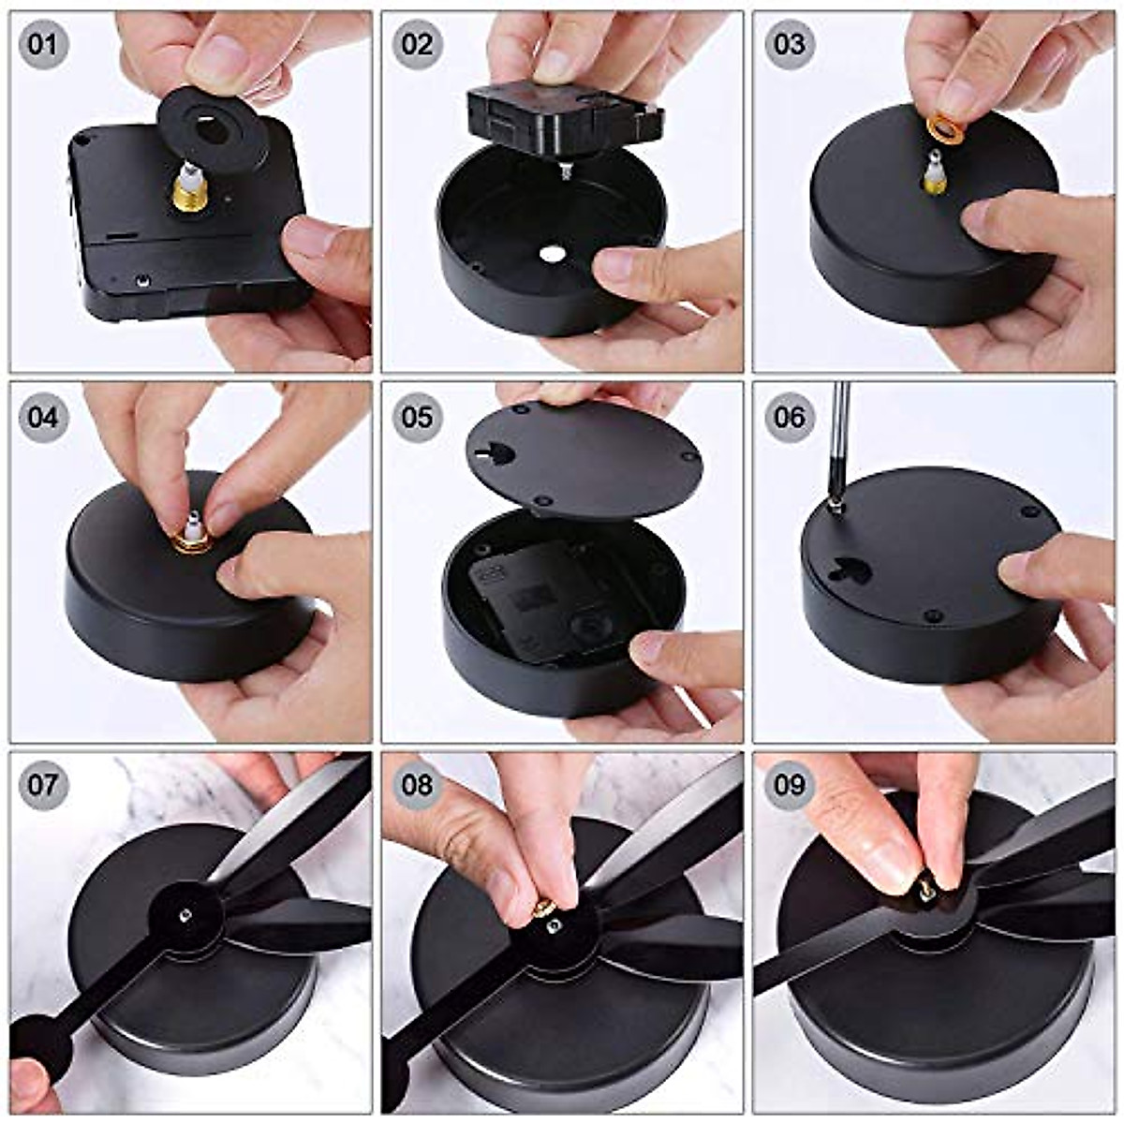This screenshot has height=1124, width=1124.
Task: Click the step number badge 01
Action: [x=43, y=44]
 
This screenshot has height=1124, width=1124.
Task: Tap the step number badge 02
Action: [x=417, y=44]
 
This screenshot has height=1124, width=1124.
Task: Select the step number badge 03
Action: [x=789, y=44]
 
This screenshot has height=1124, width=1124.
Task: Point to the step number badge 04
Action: [x=43, y=417]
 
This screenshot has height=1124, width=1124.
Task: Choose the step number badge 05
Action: [x=417, y=417]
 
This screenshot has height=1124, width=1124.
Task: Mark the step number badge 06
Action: [x=789, y=417]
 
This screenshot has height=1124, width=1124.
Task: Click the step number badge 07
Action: [x=43, y=784]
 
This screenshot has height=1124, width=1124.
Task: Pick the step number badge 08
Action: [x=417, y=784]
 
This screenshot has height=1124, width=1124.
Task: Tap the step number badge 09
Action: [x=789, y=784]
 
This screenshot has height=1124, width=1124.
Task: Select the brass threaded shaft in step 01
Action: [x=189, y=191]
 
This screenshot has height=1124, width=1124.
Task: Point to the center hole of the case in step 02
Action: [x=550, y=254]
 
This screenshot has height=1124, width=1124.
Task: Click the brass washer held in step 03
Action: [x=945, y=127]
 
